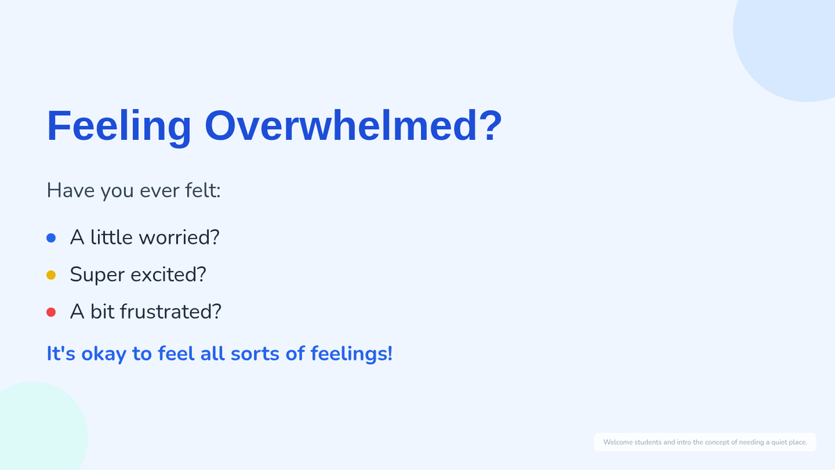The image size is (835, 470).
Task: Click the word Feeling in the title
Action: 119,127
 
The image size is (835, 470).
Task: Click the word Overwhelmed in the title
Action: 341,126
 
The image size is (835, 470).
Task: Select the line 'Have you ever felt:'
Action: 134,191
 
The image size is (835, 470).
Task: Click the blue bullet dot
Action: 51,238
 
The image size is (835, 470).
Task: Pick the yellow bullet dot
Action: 51,275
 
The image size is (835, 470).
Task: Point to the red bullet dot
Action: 51,312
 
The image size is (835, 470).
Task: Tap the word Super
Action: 97,276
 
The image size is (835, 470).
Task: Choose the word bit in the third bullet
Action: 102,312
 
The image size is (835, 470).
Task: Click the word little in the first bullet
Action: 111,237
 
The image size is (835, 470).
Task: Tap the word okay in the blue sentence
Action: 104,354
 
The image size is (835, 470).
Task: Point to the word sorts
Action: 255,354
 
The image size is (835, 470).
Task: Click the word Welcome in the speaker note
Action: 618,442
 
